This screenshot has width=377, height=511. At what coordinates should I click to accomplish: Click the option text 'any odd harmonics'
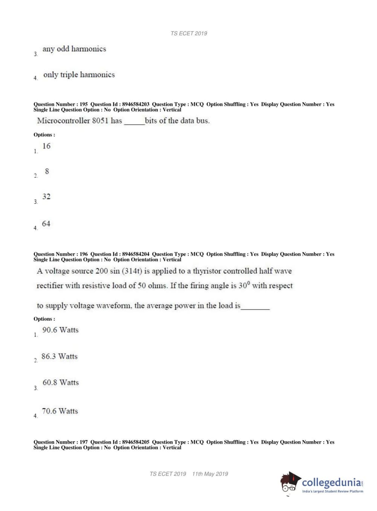point(74,49)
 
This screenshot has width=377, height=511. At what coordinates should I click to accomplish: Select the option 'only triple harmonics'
point(79,75)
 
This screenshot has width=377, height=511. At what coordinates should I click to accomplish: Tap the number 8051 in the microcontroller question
point(100,121)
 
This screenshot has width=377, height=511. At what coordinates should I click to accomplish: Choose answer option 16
point(46,146)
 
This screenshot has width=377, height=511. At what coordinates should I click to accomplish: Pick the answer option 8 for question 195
point(47,171)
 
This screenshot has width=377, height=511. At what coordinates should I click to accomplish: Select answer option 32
point(46,197)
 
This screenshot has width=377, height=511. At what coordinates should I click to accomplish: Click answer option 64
point(46,224)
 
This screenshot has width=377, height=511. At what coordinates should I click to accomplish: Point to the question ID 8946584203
point(136,104)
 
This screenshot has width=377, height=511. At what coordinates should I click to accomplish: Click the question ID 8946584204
point(136,254)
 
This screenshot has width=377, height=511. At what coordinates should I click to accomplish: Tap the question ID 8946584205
point(136,442)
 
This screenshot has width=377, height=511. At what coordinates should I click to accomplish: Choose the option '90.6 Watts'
point(60,330)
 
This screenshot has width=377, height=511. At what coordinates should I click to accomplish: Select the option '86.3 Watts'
point(60,356)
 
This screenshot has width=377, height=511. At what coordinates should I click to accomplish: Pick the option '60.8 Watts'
point(61,382)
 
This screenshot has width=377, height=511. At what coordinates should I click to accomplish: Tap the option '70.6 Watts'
point(60,411)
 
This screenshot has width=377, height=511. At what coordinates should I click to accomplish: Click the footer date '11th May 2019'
point(210,474)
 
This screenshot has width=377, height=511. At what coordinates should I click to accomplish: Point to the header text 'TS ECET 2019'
point(189,34)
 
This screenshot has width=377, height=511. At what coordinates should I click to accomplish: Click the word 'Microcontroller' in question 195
point(64,121)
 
